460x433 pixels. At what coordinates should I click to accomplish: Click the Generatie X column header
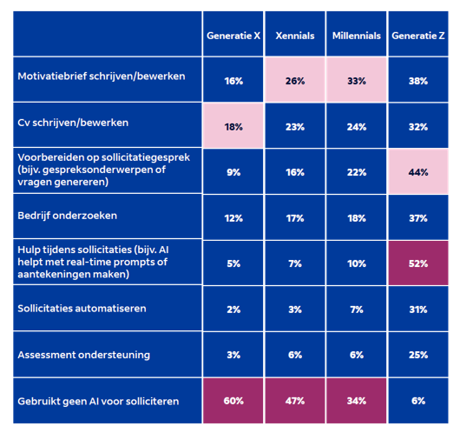tap(233, 36)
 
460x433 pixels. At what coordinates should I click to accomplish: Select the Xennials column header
tap(295, 36)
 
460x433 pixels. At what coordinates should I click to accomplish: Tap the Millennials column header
tap(357, 36)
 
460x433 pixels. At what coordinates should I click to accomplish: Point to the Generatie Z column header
tap(418, 36)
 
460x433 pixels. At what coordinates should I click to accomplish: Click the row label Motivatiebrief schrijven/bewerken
tap(102, 77)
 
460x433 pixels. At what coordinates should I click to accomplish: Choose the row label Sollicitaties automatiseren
tap(82, 309)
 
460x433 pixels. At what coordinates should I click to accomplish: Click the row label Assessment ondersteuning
tap(84, 354)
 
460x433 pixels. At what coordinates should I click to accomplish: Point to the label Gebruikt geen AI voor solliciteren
tap(98, 401)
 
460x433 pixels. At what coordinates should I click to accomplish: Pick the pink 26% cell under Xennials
tap(295, 81)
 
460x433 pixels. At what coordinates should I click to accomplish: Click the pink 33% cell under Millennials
tap(357, 81)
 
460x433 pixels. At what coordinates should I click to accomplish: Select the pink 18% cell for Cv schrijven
tap(233, 126)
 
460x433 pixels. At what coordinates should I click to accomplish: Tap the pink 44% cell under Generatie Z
tap(418, 172)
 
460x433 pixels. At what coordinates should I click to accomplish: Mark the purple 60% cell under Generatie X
tap(233, 401)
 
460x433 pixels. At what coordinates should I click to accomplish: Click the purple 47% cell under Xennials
tap(295, 401)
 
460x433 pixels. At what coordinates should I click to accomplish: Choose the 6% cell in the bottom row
tap(418, 401)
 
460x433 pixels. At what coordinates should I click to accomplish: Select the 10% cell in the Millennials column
tap(357, 263)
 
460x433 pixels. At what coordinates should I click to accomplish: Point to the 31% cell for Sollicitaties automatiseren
tap(418, 310)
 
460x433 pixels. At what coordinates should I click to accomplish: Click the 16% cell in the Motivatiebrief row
tap(233, 81)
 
